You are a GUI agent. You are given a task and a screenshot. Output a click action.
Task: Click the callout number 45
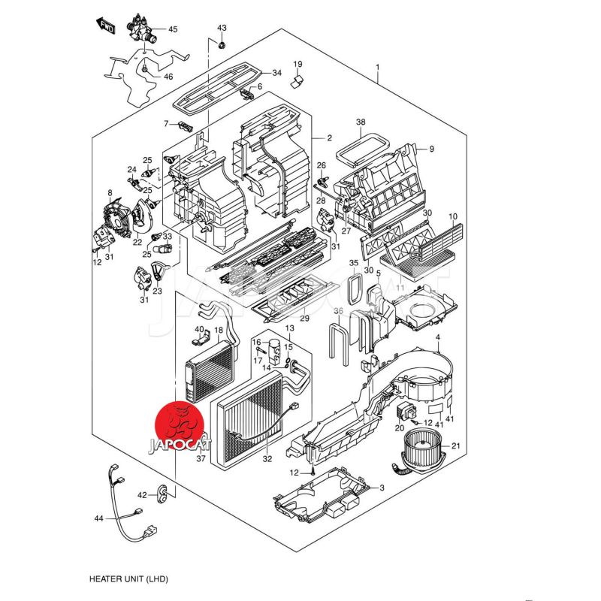click(x=173, y=29)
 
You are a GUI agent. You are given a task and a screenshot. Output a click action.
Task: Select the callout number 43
click(x=222, y=28)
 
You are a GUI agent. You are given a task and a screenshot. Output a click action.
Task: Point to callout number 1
click(x=377, y=68)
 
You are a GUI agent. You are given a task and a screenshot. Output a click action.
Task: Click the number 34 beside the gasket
click(x=276, y=73)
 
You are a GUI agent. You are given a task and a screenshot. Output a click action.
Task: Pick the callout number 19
click(x=297, y=64)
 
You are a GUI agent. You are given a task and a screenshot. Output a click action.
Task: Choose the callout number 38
click(x=361, y=122)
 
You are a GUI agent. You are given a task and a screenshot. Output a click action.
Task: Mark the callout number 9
click(x=431, y=149)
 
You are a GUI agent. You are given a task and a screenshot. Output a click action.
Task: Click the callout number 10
click(x=452, y=218)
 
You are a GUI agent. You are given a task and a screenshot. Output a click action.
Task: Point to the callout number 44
click(x=98, y=519)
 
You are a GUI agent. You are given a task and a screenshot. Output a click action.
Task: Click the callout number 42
click(x=142, y=494)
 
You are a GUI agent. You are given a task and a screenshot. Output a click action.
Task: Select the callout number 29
click(x=304, y=319)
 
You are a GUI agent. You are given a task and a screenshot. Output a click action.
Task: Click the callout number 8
click(x=110, y=193)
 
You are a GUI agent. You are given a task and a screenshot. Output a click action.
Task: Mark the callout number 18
click(x=219, y=330)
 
